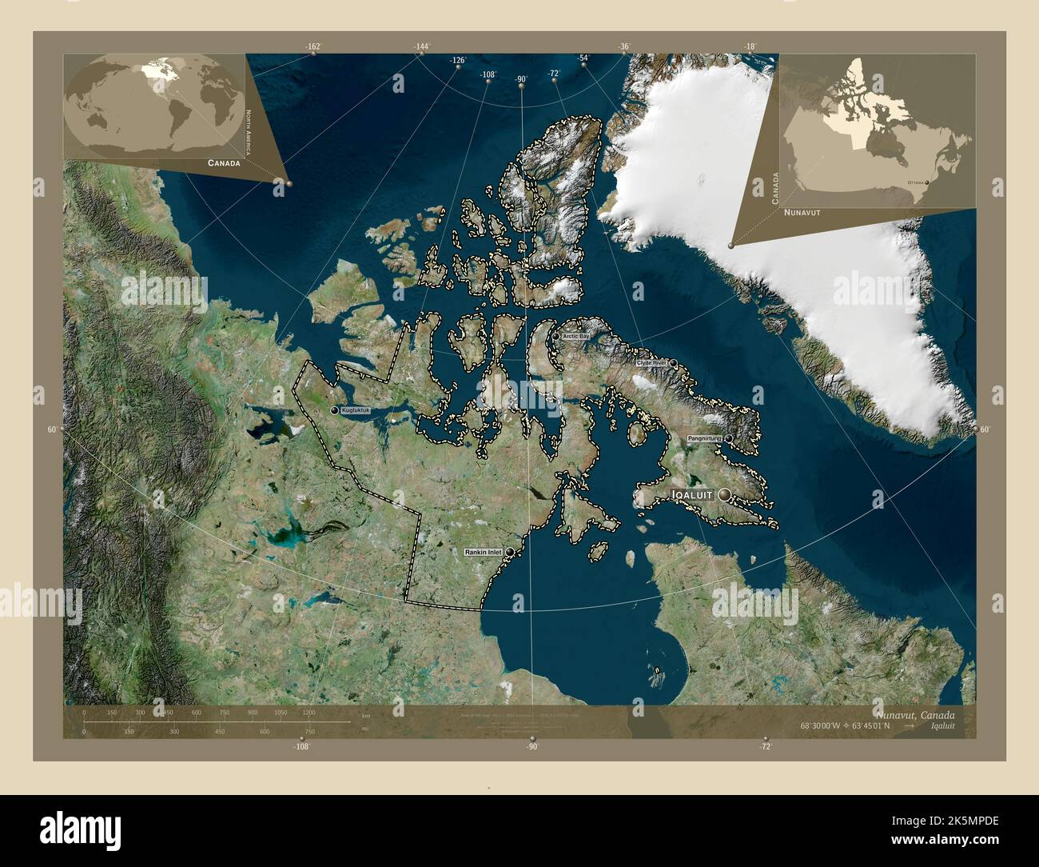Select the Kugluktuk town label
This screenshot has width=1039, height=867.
click(356, 410)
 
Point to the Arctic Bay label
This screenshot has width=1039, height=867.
click(575, 337)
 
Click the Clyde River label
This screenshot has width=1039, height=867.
click(651, 363)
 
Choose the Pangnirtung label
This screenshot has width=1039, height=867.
click(704, 439)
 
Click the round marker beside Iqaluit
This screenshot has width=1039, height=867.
click(725, 495)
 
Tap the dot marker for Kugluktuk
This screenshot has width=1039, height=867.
click(334, 410)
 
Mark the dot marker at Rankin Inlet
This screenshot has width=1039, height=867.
click(509, 552)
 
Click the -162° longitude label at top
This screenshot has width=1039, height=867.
click(312, 47)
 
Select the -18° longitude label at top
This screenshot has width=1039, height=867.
click(750, 47)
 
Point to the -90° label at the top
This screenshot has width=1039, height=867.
click(521, 78)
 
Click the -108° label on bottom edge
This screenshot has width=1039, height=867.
click(301, 747)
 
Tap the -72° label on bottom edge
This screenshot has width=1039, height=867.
click(766, 747)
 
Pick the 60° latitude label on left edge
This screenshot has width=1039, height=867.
click(52, 430)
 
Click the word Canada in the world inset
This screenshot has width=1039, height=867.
click(224, 162)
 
